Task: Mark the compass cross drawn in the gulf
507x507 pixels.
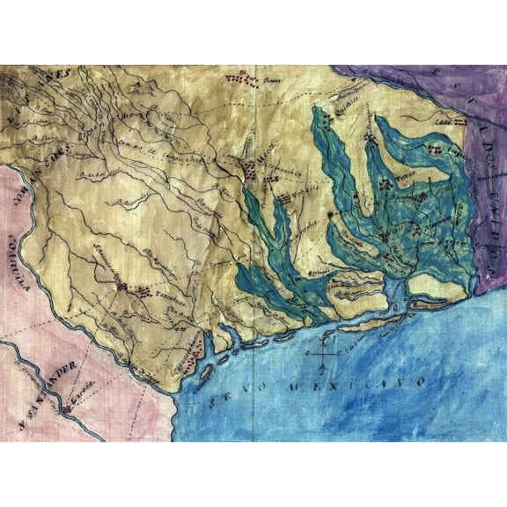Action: (x=324, y=357)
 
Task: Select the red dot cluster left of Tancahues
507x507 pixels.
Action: (x=132, y=287)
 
